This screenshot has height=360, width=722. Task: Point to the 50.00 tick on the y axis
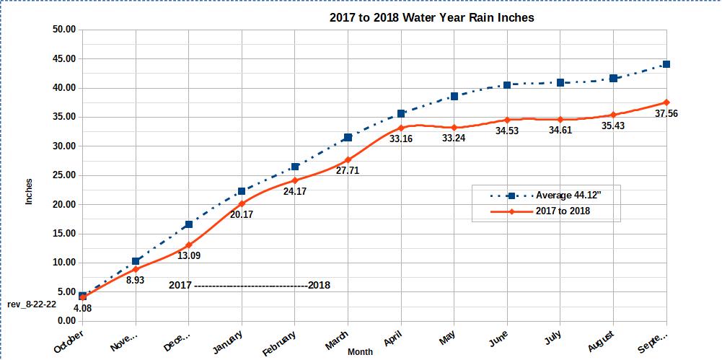[64, 30]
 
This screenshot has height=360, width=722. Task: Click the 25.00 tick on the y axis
[64, 175]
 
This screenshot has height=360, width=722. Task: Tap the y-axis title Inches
[30, 190]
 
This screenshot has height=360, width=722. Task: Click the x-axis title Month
[360, 352]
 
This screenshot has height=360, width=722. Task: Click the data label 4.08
[83, 308]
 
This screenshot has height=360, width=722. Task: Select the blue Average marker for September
[666, 64]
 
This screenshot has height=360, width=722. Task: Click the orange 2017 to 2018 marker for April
[401, 128]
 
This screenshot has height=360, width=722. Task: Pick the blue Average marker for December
[189, 224]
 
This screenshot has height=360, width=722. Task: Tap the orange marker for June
[507, 120]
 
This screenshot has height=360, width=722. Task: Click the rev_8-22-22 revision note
[32, 304]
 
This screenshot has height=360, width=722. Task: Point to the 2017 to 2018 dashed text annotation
[250, 285]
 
